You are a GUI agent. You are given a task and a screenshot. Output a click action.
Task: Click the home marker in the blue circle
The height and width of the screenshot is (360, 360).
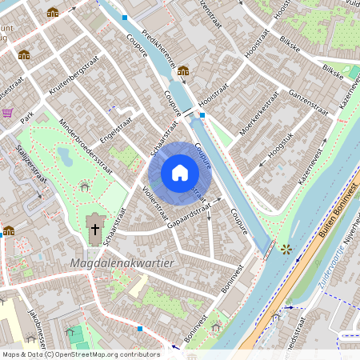[180, 172]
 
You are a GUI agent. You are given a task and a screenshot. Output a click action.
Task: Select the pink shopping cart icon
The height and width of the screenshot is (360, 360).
[7, 113]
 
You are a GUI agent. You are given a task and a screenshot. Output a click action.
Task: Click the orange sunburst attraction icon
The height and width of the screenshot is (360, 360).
[286, 249]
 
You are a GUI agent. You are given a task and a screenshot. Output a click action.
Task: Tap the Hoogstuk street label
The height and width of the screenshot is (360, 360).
[282, 146]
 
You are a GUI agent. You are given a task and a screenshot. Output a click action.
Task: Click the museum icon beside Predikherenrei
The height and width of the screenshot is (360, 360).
[183, 70]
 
